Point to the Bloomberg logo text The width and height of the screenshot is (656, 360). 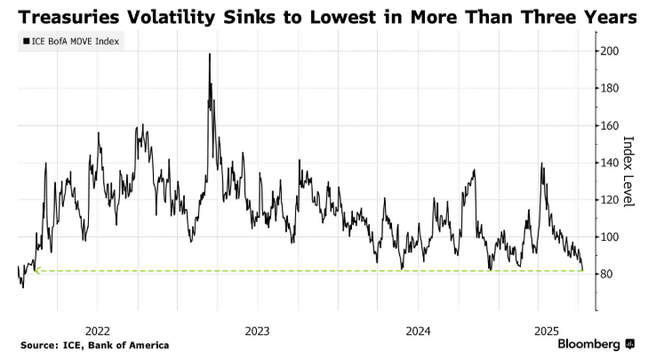point(588,344)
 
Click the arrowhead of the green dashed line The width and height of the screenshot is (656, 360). point(36,271)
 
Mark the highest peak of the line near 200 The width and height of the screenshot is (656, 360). point(210,53)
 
